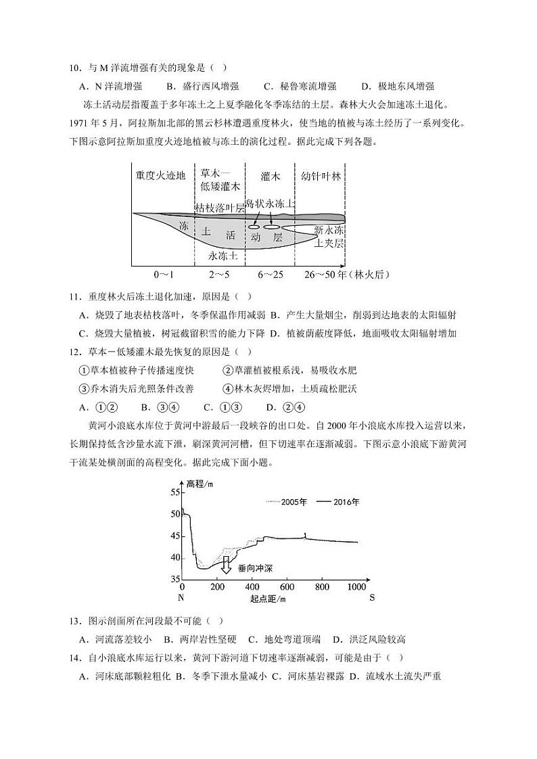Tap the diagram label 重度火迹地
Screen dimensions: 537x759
click(160, 175)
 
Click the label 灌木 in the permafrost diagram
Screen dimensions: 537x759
click(270, 176)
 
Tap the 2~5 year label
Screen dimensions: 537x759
click(219, 275)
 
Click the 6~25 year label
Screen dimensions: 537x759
click(269, 275)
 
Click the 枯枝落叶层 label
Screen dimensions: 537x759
click(220, 208)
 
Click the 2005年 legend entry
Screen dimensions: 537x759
click(287, 502)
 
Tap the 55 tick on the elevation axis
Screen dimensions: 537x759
click(174, 492)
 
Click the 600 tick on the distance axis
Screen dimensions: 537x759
click(287, 586)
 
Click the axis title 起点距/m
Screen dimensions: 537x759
click(268, 598)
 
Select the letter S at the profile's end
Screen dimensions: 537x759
click(372, 598)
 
